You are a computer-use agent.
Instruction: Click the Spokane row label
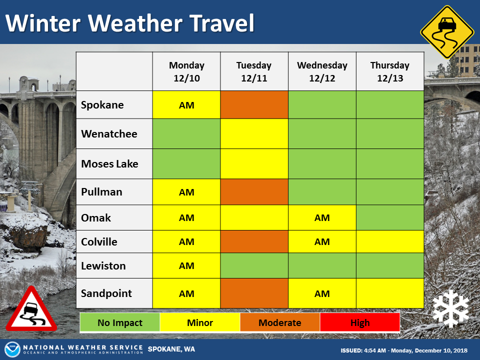click(x=102, y=105)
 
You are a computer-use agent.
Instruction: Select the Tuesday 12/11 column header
click(x=254, y=71)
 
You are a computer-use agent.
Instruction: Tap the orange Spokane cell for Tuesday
click(x=254, y=104)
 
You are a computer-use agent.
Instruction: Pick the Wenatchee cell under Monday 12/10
click(x=186, y=134)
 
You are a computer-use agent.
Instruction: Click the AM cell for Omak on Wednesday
click(x=322, y=217)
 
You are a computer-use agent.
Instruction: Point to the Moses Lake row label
click(x=109, y=164)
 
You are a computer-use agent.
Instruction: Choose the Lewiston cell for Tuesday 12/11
click(x=254, y=265)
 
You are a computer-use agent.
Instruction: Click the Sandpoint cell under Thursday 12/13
click(x=390, y=293)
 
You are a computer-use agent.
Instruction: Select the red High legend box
click(x=360, y=322)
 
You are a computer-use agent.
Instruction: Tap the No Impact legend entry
click(x=120, y=322)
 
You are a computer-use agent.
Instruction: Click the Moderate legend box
click(x=280, y=322)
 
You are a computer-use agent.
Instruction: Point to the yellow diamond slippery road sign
click(x=447, y=32)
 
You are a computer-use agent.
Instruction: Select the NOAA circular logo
click(x=12, y=349)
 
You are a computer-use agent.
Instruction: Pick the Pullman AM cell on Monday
click(x=186, y=192)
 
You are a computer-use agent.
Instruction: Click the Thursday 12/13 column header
click(x=390, y=71)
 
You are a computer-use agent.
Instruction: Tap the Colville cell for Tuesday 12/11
click(x=254, y=241)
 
